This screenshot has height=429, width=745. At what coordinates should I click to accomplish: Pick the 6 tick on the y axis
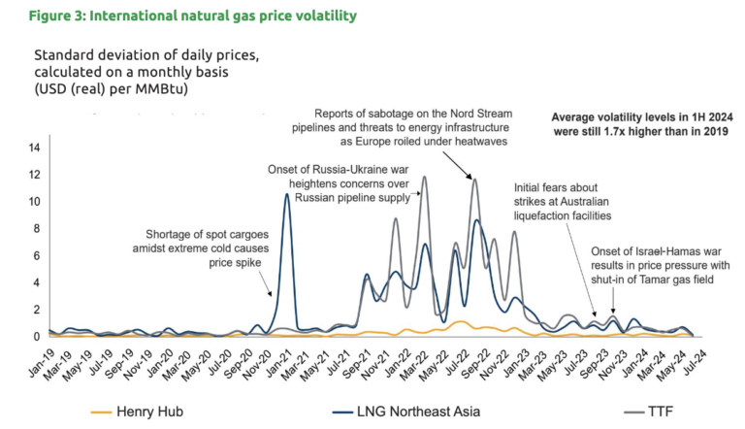[36, 256]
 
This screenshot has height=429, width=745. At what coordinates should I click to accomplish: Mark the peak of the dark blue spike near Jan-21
[286, 194]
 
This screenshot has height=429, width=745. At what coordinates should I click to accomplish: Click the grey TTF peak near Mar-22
[424, 177]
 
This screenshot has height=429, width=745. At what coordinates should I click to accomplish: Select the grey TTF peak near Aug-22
[474, 179]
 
